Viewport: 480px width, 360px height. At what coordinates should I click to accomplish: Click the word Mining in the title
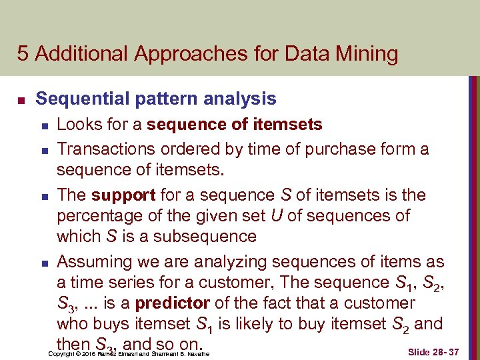[364, 53]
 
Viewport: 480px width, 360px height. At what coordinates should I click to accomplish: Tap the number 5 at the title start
[23, 53]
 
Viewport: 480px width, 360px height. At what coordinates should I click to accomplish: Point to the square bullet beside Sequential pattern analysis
[21, 101]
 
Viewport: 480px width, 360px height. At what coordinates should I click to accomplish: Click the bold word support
[117, 196]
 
